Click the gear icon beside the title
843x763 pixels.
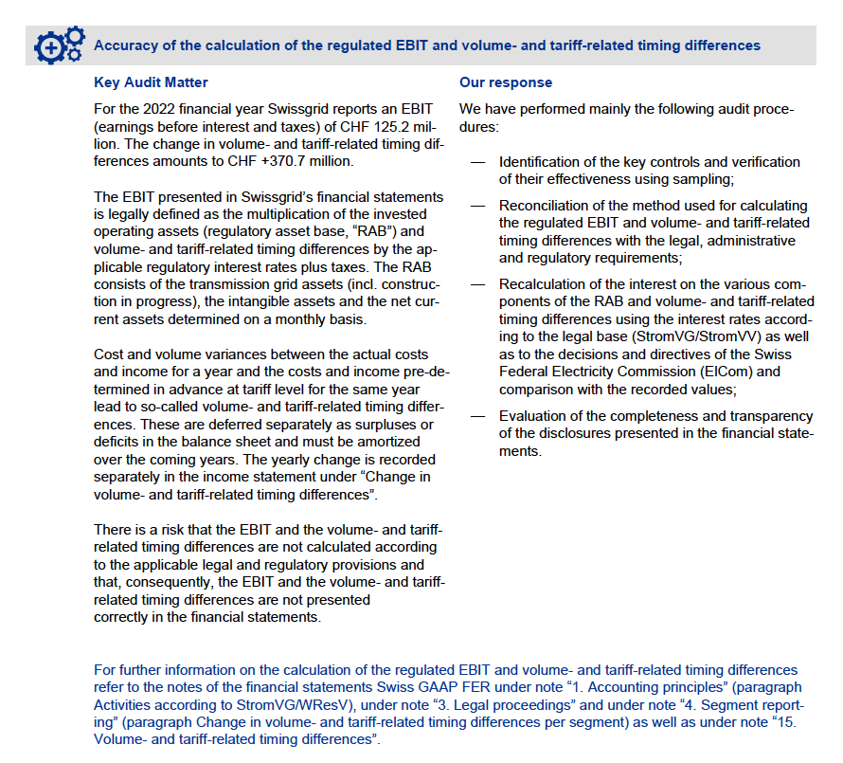(x=59, y=45)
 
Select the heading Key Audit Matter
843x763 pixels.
(x=152, y=82)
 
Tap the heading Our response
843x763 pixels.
(x=506, y=82)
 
